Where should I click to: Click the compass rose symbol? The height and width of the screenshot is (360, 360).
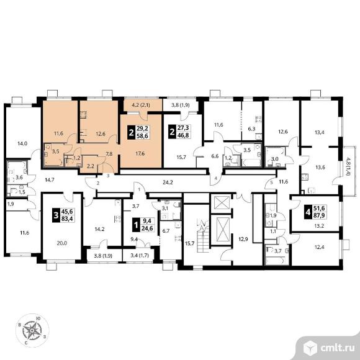coord(32,330)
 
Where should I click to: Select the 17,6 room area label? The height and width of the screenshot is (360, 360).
coord(140,153)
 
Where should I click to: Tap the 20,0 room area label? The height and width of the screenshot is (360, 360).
coord(62,243)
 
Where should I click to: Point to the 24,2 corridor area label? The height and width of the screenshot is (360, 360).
coord(168,182)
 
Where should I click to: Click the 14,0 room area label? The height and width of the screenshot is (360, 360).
coord(22,143)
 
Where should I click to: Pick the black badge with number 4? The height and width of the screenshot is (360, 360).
coord(308,213)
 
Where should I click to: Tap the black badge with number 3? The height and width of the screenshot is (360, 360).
coord(56,215)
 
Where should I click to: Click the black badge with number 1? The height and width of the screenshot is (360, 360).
coord(136,225)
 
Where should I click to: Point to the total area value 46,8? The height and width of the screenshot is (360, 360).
coord(183,135)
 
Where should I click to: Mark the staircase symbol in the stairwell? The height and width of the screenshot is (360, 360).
coord(202,235)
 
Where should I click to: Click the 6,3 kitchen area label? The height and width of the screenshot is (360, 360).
coord(251,128)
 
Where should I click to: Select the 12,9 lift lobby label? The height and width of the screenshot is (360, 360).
coord(243,239)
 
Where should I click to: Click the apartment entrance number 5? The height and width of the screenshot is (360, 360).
coord(272,183)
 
